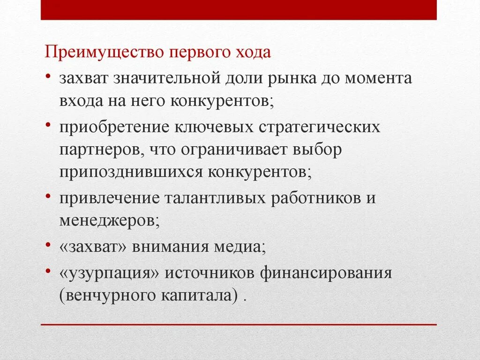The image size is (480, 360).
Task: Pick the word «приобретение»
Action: tap(114, 127)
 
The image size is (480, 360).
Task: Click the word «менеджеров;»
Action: tap(109, 220)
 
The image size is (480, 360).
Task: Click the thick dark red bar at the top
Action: tap(239, 10)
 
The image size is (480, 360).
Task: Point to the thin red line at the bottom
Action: tap(239, 324)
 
